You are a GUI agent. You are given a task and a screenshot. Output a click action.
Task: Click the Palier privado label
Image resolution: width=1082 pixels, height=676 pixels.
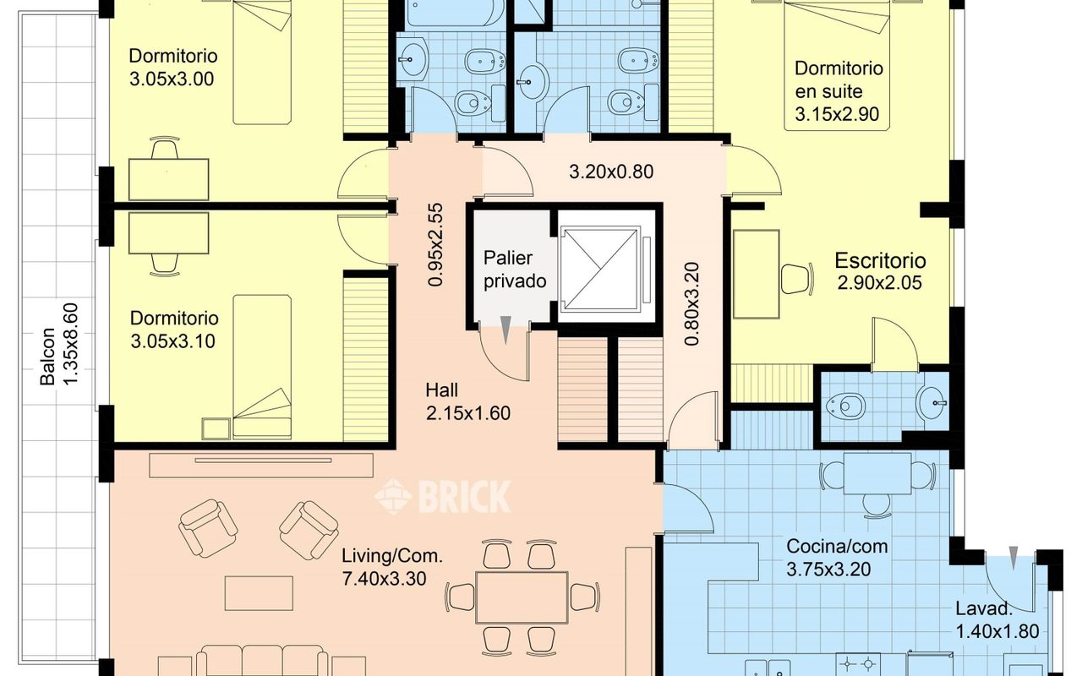515,270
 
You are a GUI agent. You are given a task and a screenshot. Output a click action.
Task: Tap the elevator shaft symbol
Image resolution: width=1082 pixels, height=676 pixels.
607,269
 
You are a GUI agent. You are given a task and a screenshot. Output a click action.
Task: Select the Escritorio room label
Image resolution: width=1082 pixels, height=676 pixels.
880,261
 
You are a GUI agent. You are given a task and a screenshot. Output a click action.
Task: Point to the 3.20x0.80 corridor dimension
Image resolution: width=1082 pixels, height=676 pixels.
611,172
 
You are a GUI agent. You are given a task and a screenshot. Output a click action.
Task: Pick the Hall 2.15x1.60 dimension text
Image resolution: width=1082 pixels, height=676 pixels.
468,413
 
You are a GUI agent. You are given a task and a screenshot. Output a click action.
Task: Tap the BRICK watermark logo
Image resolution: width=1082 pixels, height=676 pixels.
442,496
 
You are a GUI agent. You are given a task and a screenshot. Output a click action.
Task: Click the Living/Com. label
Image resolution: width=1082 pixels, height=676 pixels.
392,556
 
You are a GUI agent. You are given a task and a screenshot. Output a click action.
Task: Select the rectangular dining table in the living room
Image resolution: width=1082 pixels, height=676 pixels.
522,597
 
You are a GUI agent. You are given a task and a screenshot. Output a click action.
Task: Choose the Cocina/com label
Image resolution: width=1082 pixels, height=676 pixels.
837,546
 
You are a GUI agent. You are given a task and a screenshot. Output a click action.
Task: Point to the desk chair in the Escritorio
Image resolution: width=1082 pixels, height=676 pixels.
797,279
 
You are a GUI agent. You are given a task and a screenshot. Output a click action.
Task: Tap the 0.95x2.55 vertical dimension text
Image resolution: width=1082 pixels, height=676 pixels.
435,245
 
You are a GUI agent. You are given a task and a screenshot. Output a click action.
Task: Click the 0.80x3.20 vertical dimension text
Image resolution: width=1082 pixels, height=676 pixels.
691,303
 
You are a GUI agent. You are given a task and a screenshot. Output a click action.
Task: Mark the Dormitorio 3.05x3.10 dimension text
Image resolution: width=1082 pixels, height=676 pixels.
173,341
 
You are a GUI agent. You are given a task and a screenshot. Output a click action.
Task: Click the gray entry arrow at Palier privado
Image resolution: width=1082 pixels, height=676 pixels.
505,330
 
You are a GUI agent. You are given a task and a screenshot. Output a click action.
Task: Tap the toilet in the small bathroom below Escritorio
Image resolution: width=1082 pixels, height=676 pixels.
845,405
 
